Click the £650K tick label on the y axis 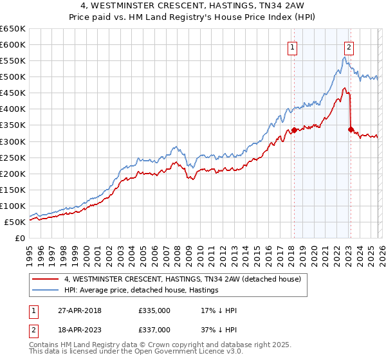click(x=13, y=29)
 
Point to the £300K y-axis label click(x=13, y=141)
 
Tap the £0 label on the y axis click(x=20, y=238)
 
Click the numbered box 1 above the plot click(x=293, y=46)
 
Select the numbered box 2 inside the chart click(x=349, y=46)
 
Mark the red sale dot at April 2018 click(x=294, y=130)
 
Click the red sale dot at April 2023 click(x=351, y=129)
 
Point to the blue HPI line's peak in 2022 click(x=345, y=57)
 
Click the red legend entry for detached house click(x=187, y=280)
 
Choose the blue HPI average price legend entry click(x=142, y=291)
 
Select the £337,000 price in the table click(x=154, y=330)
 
